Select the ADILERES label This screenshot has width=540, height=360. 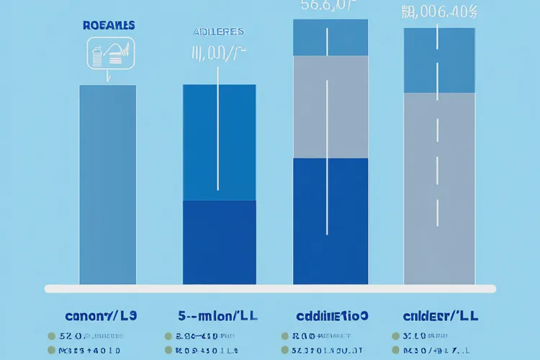click(x=218, y=32)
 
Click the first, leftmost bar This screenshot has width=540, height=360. click(x=107, y=184)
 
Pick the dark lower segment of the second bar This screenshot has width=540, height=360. click(x=220, y=242)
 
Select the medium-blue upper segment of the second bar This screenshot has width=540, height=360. click(x=220, y=143)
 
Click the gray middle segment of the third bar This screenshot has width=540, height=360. click(x=330, y=107)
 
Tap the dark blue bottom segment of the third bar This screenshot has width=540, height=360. click(x=330, y=220)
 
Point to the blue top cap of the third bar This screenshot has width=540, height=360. click(x=330, y=37)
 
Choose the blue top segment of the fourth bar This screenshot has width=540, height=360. click(x=439, y=60)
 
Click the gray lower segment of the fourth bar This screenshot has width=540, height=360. click(x=439, y=189)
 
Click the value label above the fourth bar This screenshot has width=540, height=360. click(x=439, y=11)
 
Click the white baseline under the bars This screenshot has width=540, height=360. click(x=270, y=289)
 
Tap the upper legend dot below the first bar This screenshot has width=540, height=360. click(x=51, y=336)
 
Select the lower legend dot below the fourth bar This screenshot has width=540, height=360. click(x=397, y=350)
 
